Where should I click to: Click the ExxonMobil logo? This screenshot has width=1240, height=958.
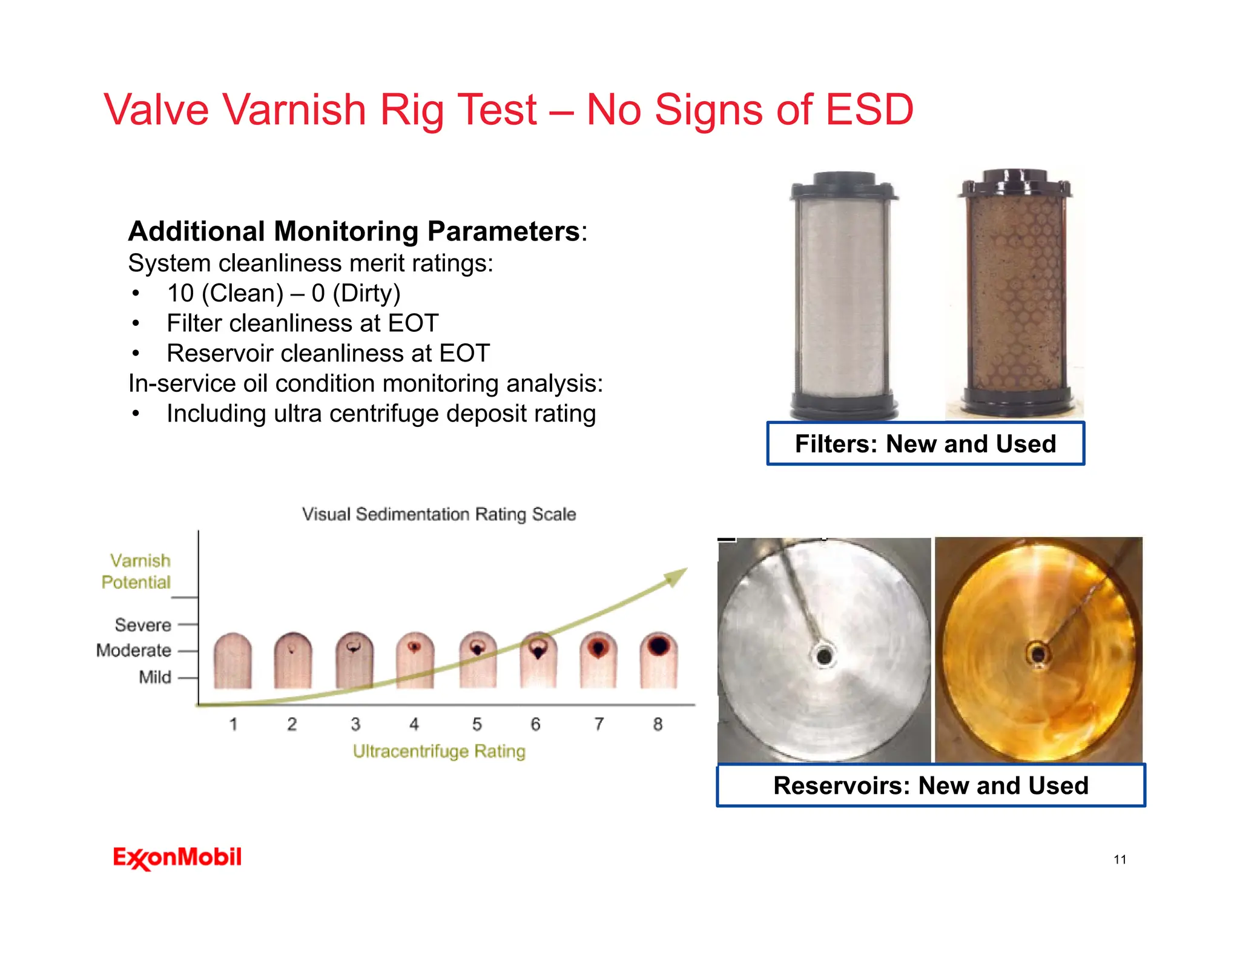tap(177, 857)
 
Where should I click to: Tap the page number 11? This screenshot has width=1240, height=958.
tap(1120, 859)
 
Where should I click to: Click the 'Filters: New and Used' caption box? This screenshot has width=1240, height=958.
tap(925, 444)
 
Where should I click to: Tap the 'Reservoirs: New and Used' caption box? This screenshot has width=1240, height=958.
tap(931, 785)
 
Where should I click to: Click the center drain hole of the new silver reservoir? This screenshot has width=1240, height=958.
tap(824, 655)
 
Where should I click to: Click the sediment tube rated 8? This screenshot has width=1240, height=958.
tap(659, 660)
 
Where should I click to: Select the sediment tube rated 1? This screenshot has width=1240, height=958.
tap(232, 661)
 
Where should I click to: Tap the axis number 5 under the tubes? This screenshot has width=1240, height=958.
tap(477, 724)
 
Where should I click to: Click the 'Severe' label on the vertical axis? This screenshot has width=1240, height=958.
tap(143, 624)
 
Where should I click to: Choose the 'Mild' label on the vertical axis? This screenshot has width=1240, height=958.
tap(155, 677)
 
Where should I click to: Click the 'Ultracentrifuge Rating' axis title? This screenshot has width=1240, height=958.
tap(439, 752)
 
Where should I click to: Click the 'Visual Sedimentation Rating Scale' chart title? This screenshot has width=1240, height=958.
tap(439, 514)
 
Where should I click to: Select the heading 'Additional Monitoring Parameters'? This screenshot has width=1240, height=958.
tap(354, 231)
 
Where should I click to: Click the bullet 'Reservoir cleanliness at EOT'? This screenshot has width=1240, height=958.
tap(328, 353)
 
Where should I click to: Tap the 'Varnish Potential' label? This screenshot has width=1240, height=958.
tap(137, 571)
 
